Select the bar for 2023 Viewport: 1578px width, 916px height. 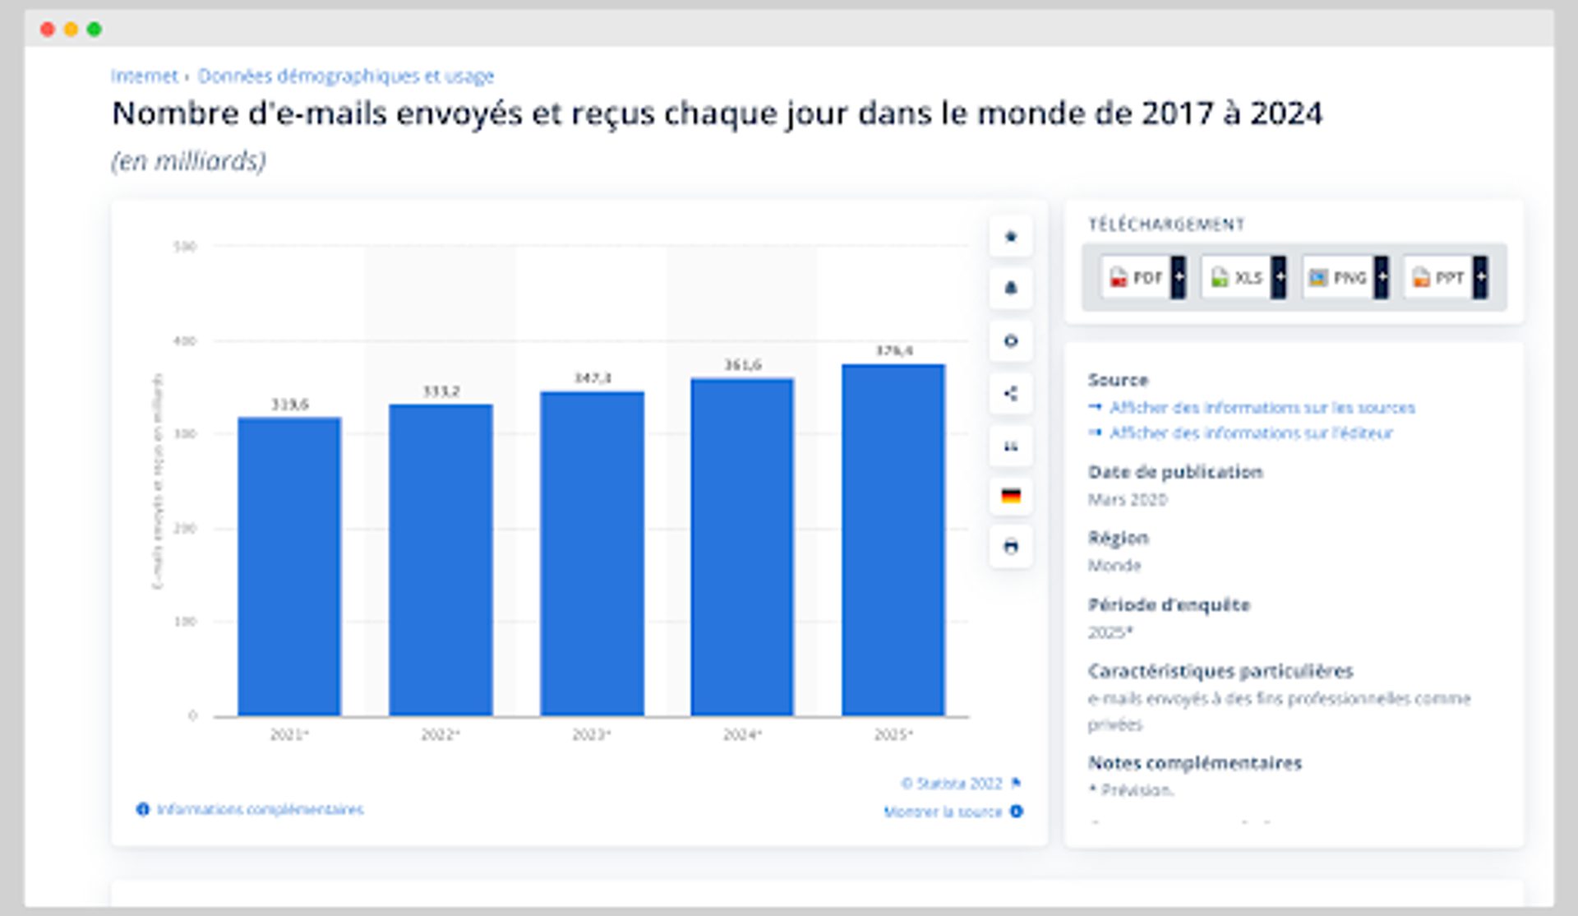coord(592,553)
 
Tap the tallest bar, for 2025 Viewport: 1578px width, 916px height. coord(893,539)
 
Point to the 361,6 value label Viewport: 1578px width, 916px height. coord(742,364)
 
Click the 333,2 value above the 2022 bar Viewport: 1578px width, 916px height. coord(441,391)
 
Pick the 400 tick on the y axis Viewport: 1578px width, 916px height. coord(185,340)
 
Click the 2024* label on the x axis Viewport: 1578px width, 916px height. coord(742,734)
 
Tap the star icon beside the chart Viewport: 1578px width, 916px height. coord(1011,237)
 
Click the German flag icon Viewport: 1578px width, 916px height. coord(1011,496)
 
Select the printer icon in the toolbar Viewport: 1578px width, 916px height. coord(1011,547)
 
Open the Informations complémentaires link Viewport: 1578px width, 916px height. coord(260,810)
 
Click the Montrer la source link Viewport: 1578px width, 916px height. coord(943,812)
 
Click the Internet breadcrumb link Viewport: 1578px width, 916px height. coord(145,76)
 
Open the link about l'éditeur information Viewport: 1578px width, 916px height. coord(1251,433)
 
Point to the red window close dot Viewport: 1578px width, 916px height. coord(48,30)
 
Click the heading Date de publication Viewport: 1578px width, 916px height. coord(1175,472)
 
